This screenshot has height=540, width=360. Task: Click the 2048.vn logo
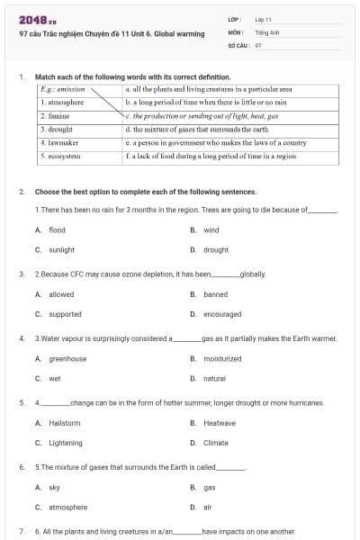tap(37, 21)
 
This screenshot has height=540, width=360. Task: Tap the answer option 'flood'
tap(57, 230)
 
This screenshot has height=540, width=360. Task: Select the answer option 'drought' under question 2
tap(215, 249)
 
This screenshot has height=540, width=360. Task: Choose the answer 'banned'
tap(215, 294)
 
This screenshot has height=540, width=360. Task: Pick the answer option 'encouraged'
tap(221, 314)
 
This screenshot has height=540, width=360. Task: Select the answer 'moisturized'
tap(222, 359)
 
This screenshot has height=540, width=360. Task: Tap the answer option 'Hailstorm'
tap(64, 423)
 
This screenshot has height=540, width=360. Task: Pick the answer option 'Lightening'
tap(65, 443)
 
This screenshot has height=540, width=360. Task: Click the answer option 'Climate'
tap(215, 443)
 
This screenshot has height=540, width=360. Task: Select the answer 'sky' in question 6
tap(54, 487)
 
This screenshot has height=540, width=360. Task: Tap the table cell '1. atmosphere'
tap(62, 103)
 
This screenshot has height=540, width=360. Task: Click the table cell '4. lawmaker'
tap(60, 142)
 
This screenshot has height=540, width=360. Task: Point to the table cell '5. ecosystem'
tap(61, 156)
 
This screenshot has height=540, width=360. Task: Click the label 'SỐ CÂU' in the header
tap(238, 43)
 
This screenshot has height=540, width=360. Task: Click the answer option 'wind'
tap(211, 230)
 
